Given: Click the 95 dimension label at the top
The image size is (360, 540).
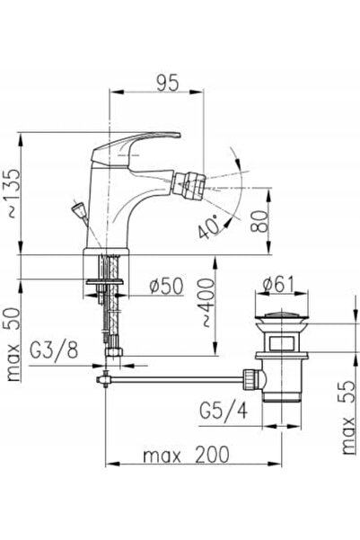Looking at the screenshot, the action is tap(168, 83).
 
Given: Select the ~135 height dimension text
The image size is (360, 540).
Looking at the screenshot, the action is tap(13, 193).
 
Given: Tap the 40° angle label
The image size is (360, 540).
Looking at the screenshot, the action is tap(210, 226).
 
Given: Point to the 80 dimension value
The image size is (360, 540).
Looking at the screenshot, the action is tap(260, 222).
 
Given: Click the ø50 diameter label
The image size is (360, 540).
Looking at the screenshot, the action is tap(167, 286).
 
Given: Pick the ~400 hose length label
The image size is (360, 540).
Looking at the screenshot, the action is tap(206, 303).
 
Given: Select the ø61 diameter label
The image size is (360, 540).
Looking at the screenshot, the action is tap(279, 285).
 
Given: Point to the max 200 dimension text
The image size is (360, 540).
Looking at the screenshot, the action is tap(186, 455).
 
